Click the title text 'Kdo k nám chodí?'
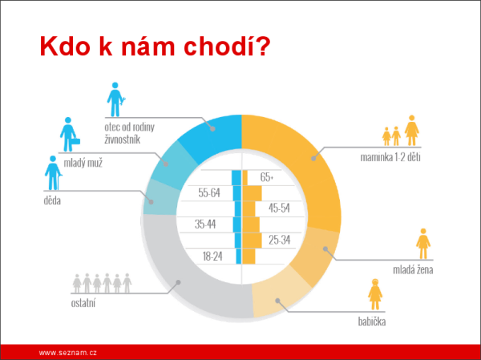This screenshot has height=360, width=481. tap(155, 47)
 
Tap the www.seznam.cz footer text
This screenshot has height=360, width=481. tap(68, 353)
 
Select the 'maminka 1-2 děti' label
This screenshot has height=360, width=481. tap(390, 157)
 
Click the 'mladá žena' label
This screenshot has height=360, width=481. tap(413, 269)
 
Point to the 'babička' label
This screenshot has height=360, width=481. tap(372, 322)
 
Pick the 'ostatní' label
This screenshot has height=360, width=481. tap(83, 303)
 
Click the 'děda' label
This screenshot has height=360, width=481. tap(52, 200)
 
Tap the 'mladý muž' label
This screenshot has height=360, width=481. tap(83, 163)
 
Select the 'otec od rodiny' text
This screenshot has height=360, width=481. tap(129, 127)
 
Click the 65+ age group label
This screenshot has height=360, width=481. tap(266, 177)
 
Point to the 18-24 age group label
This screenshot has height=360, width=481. tap(212, 257)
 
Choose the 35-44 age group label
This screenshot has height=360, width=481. tap(205, 224)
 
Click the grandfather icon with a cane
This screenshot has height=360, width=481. tap(53, 173)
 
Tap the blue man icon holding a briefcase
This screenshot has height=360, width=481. tap(70, 134)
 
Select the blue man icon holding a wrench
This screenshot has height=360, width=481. tap(116, 99)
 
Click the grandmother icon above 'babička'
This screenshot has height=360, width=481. tap(375, 294)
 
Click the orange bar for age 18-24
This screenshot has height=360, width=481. tap(249, 257)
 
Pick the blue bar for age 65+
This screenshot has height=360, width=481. tap(236, 178)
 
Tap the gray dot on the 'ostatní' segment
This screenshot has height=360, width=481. tap(178, 282)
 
